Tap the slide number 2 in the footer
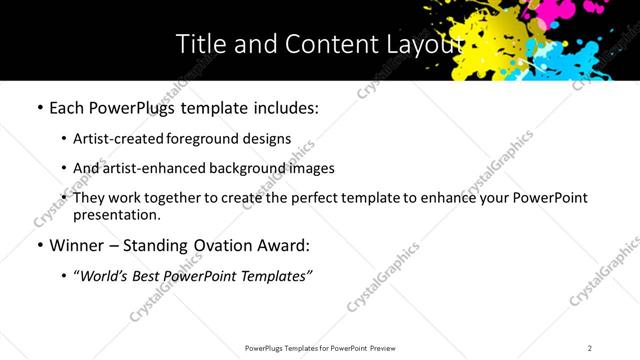[590, 348]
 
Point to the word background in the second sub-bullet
[241, 168]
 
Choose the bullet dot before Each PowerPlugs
[38, 106]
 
